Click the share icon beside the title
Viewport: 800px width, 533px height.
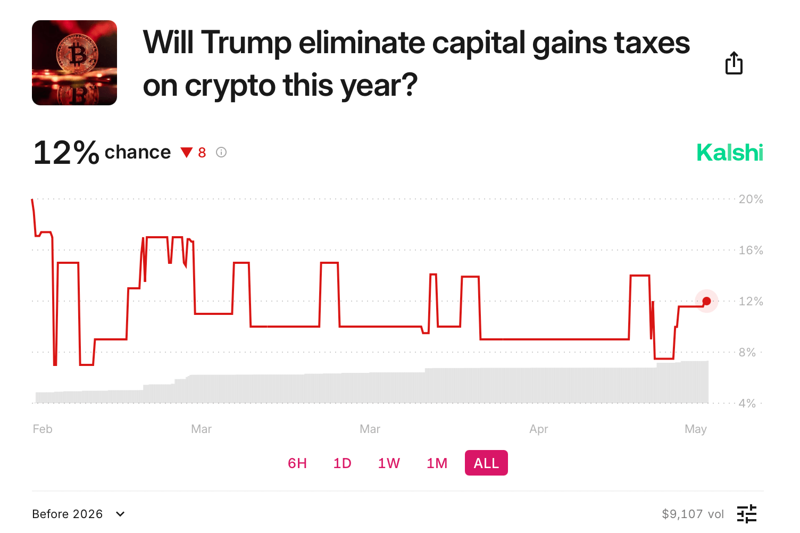734,63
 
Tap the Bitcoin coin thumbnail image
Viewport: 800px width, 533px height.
74,63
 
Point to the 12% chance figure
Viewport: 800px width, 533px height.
66,153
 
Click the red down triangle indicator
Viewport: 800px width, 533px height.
186,153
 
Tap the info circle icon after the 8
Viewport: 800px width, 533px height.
221,153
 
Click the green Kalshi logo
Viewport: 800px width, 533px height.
729,153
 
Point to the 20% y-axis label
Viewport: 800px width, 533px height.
751,199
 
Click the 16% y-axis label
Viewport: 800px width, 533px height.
751,250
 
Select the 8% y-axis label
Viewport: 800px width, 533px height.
747,352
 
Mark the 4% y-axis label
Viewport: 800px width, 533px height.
747,403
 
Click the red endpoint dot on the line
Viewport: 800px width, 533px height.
706,301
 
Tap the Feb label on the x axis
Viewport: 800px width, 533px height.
43,429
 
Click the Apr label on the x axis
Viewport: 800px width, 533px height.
538,429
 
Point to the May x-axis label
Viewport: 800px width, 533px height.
695,429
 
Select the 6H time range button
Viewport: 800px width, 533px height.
297,463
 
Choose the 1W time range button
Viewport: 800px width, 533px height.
389,463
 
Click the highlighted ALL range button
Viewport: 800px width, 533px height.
486,463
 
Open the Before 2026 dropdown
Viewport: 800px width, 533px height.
79,514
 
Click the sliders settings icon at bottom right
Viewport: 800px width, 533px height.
747,514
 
